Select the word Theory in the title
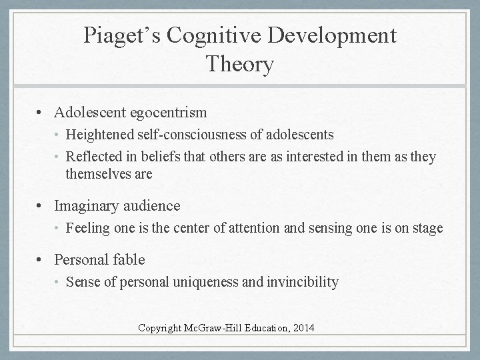pos(239,65)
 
